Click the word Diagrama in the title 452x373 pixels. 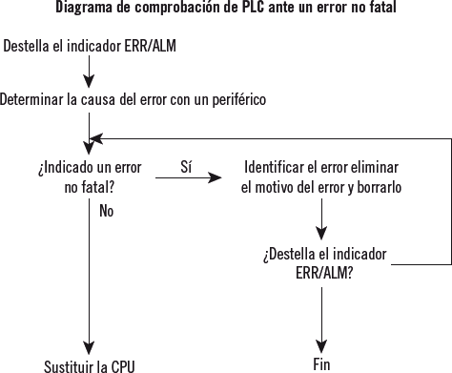83,9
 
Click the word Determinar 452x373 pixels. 33,99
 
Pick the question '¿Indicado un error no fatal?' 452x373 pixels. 89,176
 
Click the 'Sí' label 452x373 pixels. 187,166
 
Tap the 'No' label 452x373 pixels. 106,211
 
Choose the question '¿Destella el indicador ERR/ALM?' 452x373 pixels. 323,264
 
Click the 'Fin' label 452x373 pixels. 321,364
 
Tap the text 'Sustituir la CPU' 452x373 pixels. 90,365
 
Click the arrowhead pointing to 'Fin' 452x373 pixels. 322,345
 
